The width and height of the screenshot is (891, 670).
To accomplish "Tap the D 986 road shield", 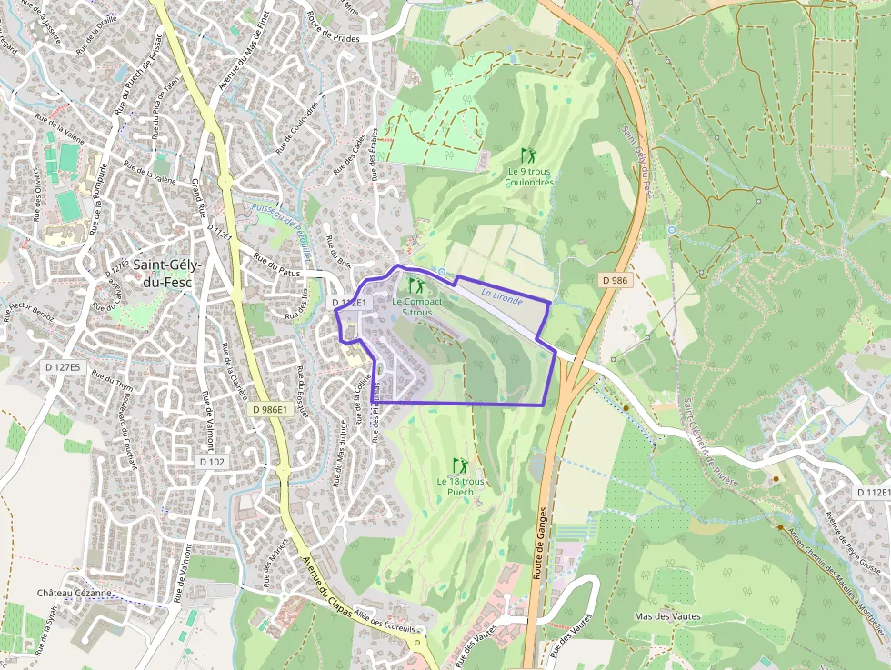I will [x=615, y=281].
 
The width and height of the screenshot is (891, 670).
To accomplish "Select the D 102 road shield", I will [x=211, y=462].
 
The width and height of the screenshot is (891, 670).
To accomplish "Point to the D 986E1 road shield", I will [x=269, y=410].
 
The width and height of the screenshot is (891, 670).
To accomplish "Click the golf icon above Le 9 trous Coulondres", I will [x=528, y=155].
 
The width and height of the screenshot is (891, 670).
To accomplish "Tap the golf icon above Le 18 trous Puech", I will [x=460, y=465].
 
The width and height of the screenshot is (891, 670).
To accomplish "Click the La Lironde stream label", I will [x=502, y=295].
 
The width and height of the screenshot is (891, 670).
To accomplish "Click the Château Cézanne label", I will [x=75, y=593].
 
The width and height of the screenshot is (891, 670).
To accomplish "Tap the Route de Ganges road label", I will [x=537, y=545].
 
